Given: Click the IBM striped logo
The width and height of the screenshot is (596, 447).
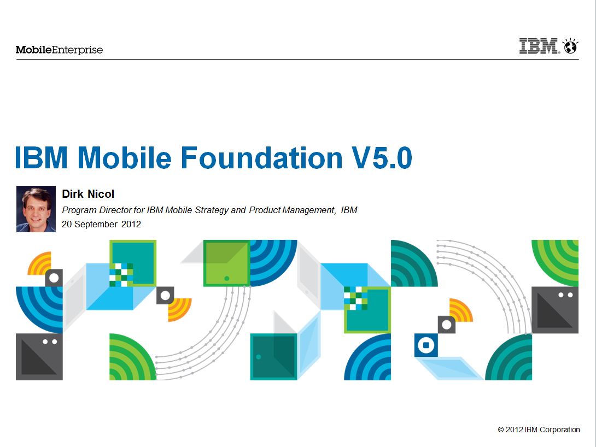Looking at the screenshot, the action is pos(538,46).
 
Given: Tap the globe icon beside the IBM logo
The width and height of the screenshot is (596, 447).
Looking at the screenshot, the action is pos(570,46).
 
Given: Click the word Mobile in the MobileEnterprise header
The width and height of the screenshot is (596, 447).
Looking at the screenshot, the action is pos(33,50).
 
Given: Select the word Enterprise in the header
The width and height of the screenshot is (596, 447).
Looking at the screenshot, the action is pos(77,50).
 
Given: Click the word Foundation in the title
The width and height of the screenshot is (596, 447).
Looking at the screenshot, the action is pos(261,157).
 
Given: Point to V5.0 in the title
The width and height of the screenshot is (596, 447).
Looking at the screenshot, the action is pos(382,157).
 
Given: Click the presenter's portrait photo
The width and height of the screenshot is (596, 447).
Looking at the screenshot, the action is pos(36,209).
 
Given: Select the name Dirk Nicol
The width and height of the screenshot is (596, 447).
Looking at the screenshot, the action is pos(88,194).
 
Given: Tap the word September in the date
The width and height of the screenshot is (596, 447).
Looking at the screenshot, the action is pos(96,225).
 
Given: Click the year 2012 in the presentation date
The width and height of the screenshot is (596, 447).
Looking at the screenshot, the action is pos(131,224).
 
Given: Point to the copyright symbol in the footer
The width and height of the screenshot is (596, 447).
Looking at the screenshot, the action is pos(501,430).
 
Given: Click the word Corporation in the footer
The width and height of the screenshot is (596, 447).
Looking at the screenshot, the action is pos(560,430).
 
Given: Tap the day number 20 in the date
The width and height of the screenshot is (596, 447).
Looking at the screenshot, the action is pos(67,224).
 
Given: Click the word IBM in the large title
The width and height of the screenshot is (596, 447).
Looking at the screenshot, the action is pos(42,157).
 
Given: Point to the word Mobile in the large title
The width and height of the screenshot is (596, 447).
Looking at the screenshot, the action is pos(125,157).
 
